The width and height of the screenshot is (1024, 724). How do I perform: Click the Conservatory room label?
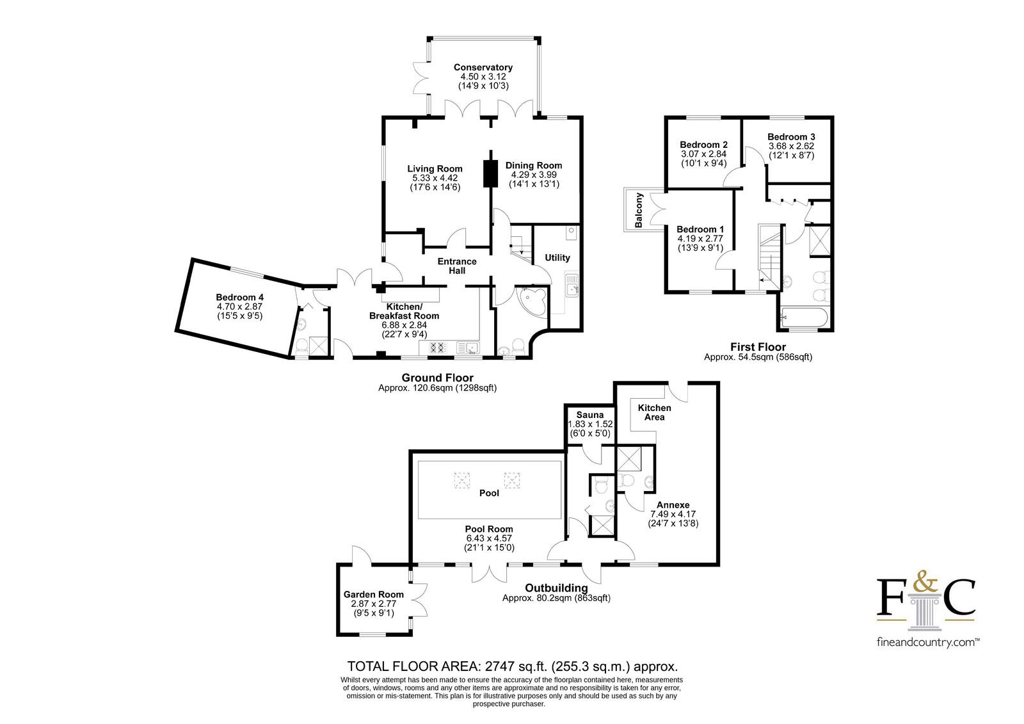(483, 67)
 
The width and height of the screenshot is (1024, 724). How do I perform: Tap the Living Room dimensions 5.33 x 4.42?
(435, 178)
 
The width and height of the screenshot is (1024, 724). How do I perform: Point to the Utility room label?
(557, 257)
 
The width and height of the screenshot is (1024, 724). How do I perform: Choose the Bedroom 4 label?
(240, 297)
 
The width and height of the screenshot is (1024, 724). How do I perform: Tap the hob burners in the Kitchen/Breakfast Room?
(437, 348)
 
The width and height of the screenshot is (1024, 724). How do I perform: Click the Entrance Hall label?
(457, 266)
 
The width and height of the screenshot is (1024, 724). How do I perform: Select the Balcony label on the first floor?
(639, 211)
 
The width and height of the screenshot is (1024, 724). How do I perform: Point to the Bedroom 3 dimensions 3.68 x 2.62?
(791, 146)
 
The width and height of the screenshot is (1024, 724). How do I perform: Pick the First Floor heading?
(758, 347)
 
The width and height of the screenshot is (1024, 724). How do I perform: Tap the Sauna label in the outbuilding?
(589, 415)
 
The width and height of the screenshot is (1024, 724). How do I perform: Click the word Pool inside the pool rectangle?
(489, 493)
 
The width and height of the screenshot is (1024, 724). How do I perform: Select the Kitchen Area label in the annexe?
(655, 412)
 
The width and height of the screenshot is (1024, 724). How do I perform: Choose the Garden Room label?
(374, 594)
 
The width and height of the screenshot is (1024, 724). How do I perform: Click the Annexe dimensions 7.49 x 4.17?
(673, 514)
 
